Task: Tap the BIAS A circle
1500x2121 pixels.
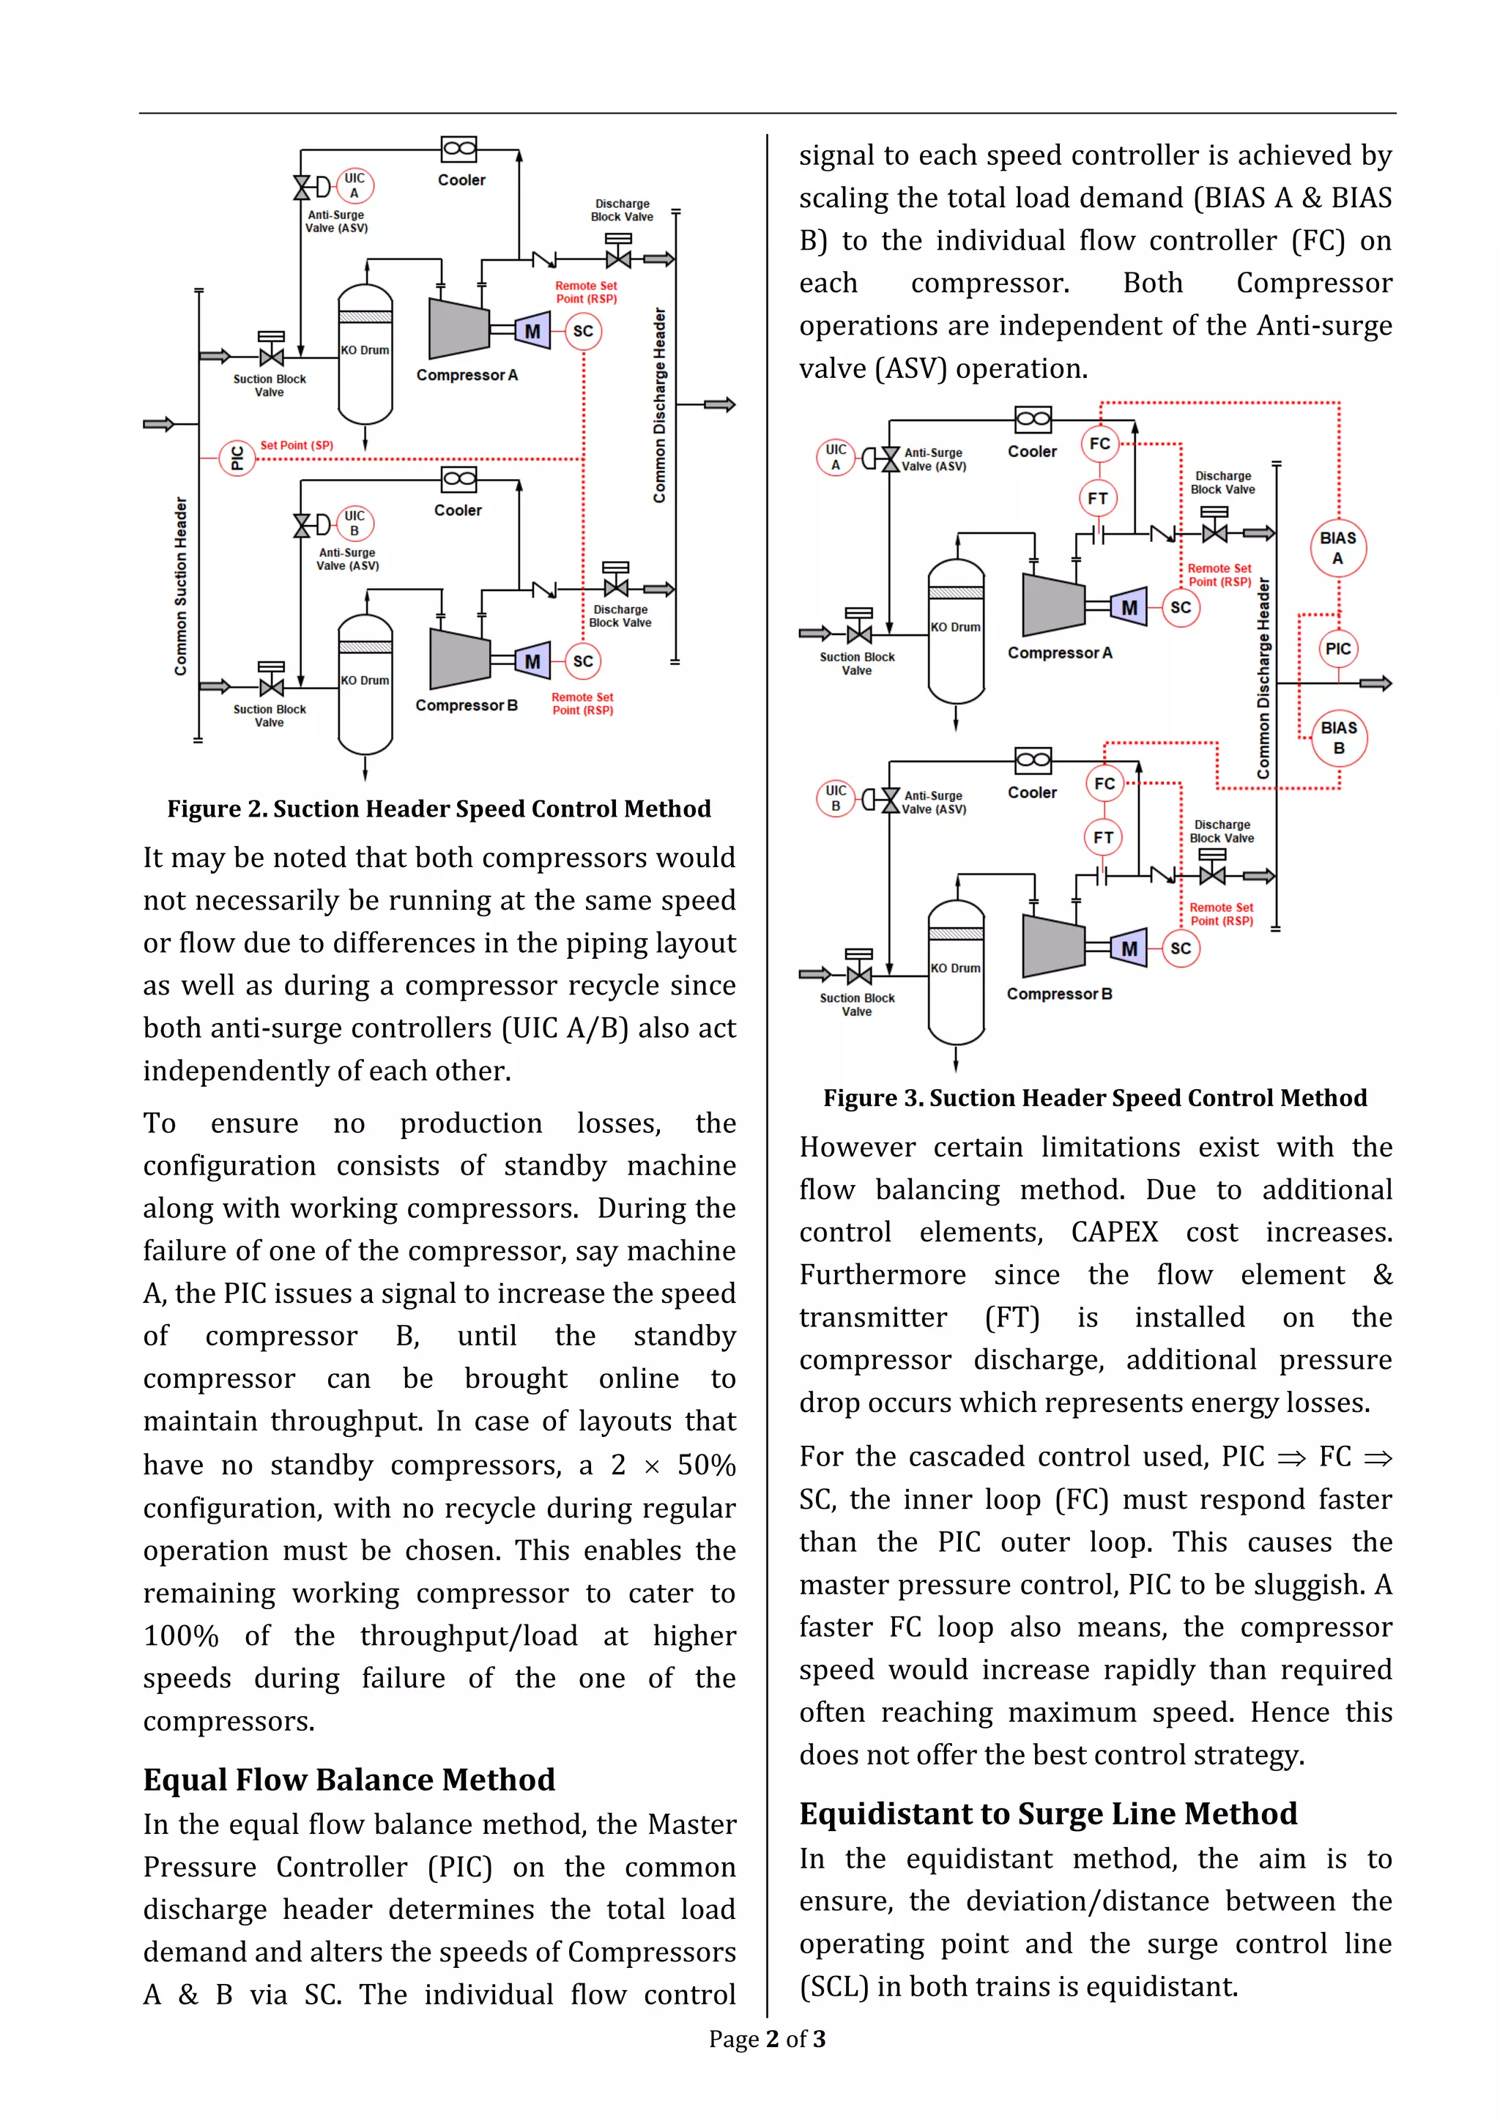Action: coord(1337,548)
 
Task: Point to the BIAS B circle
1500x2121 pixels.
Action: coord(1338,738)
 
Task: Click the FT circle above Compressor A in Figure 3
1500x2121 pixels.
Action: coord(1097,499)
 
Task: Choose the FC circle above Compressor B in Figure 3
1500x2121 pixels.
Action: coord(1104,784)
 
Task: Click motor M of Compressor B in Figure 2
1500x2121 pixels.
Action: coord(532,661)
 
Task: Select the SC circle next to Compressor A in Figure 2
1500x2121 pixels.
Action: coord(583,332)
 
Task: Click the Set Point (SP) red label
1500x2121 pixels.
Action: coord(297,445)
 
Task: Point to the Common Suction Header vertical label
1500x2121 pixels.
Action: coord(181,586)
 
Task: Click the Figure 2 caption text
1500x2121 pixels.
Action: coord(439,809)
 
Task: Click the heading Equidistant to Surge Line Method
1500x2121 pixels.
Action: coord(1047,1814)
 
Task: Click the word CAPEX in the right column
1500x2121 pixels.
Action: coord(1114,1233)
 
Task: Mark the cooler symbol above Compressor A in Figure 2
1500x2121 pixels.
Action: coord(459,149)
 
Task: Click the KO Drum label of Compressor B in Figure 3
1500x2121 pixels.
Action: coord(956,968)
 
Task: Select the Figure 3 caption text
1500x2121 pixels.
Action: coord(1094,1099)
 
